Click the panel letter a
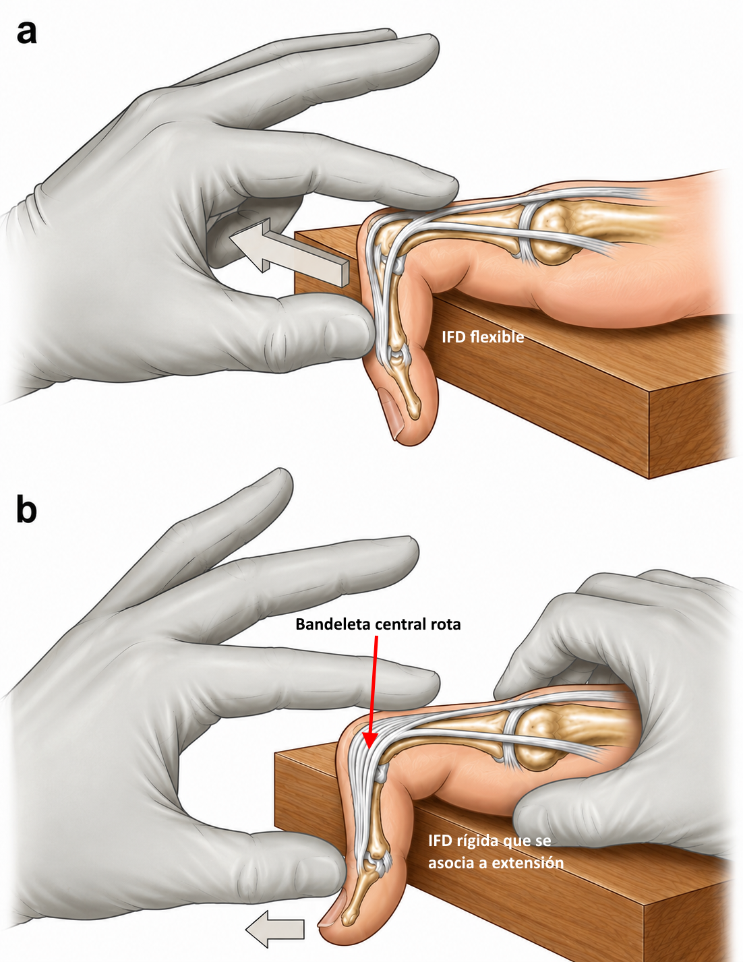tap(26, 34)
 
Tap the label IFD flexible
tap(483, 337)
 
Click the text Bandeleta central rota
tap(378, 624)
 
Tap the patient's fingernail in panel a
tap(390, 409)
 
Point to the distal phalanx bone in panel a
tap(409, 390)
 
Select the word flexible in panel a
tap(497, 337)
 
